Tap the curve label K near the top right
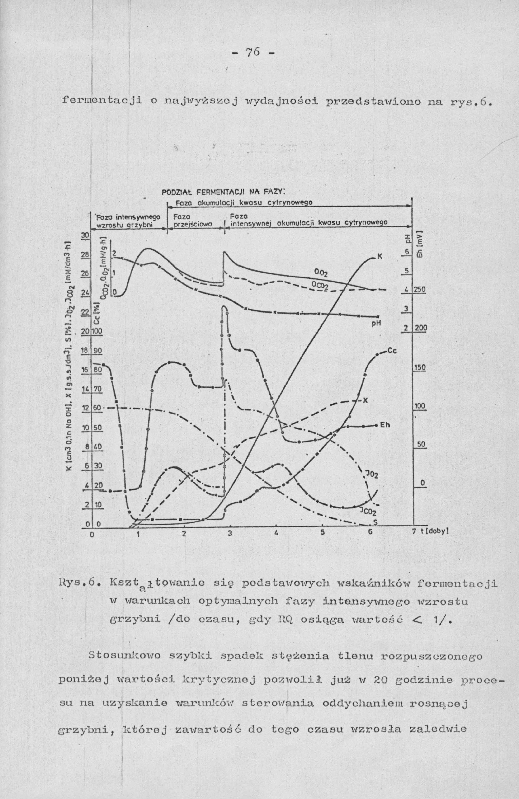[x=380, y=257]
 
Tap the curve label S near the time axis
[x=376, y=523]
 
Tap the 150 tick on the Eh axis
[x=420, y=368]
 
